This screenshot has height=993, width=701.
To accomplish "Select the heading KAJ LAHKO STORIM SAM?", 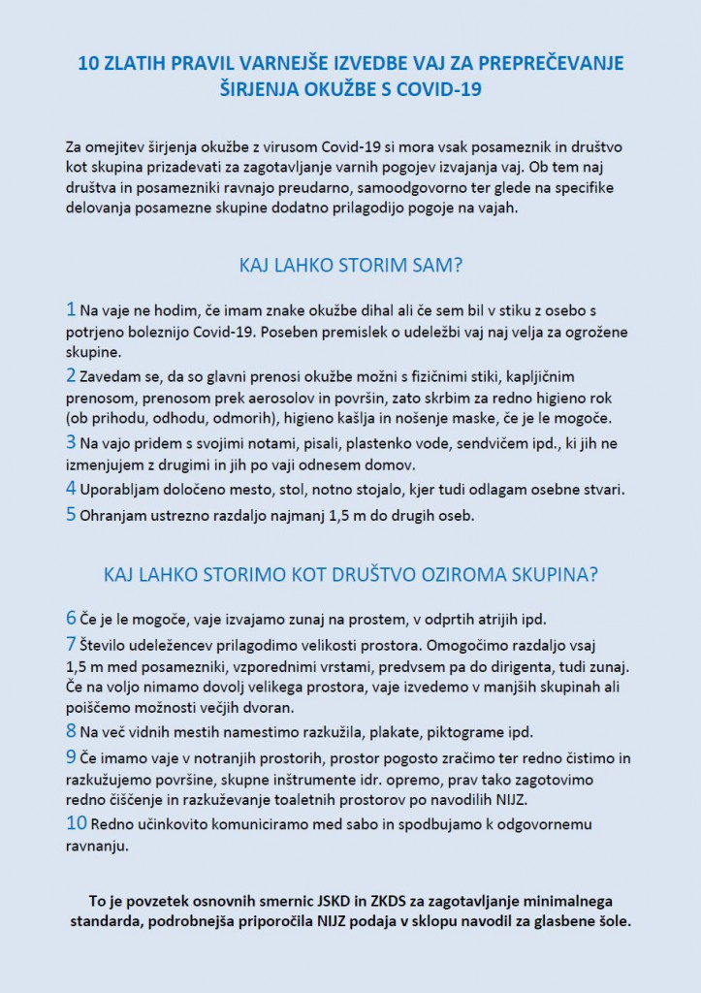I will (x=350, y=265).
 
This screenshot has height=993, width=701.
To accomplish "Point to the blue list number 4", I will (x=71, y=488).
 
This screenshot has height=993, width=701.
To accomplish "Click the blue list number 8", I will (x=71, y=731).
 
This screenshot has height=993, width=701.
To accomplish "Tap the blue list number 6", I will (x=71, y=618).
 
